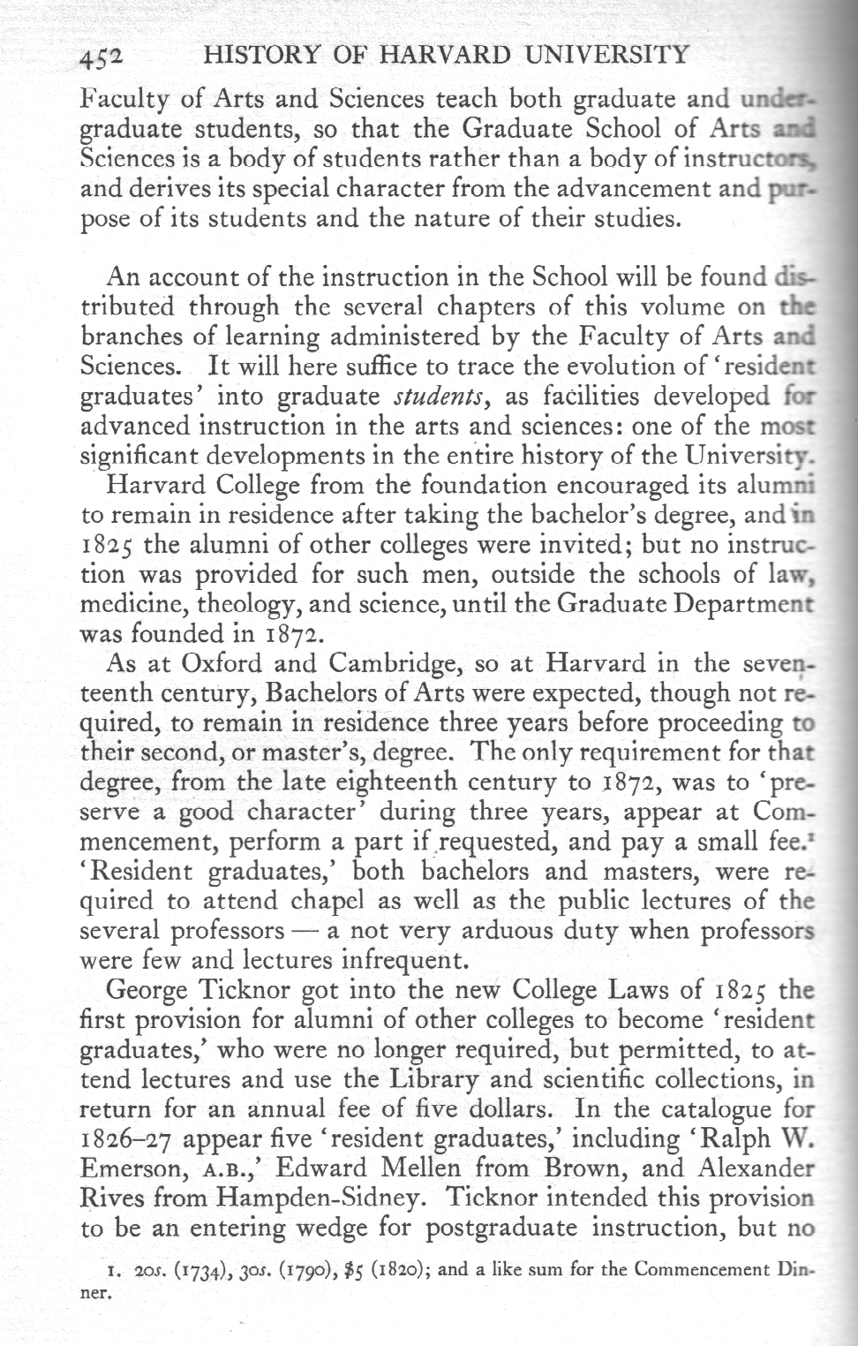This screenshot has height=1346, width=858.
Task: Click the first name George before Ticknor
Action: [147, 989]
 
